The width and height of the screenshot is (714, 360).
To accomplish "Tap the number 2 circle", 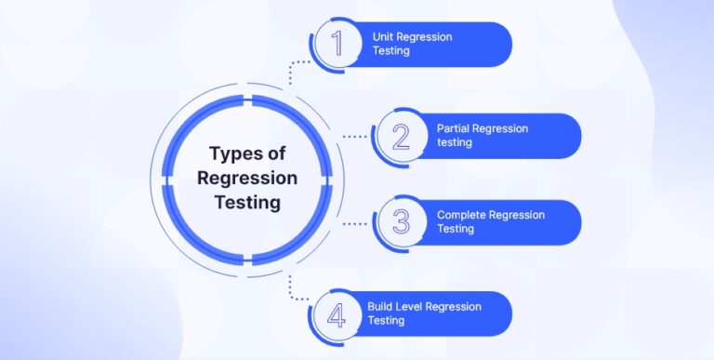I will click(401, 136).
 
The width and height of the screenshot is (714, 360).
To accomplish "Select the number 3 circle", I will click(401, 222).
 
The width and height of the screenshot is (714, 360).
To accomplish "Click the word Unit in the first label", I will click(383, 36).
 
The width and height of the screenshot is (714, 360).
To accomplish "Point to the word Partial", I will click(453, 127).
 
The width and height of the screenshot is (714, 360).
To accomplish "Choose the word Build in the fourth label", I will click(380, 305).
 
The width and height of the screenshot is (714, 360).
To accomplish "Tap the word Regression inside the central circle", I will click(247, 178).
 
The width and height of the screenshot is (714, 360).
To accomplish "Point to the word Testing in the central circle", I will click(247, 202).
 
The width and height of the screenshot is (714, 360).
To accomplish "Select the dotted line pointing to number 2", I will click(355, 136).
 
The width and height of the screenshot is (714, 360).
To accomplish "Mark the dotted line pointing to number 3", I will click(355, 223).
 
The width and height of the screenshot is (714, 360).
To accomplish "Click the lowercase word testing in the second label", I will click(455, 143).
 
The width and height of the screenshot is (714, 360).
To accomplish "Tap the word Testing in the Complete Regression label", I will click(456, 230).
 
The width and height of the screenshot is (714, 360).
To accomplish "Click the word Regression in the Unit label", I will click(426, 36).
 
